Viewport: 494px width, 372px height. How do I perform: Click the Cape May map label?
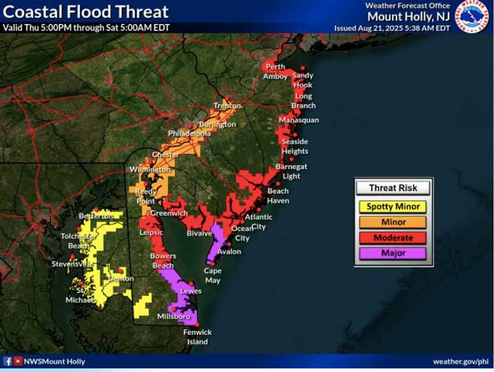[x=213, y=275]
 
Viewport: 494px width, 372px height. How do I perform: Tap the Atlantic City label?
[x=259, y=221]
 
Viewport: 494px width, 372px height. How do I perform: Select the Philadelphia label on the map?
[x=189, y=134]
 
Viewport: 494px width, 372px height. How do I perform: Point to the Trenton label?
[x=227, y=106]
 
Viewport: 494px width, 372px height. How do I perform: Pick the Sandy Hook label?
[x=303, y=80]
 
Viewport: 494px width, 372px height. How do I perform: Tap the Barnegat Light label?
[x=292, y=171]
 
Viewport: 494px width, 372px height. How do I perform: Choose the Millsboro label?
[x=173, y=317]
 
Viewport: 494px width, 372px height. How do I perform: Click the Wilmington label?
[x=150, y=169]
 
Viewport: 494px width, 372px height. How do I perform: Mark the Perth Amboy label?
[x=275, y=71]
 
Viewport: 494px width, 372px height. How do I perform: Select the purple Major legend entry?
[x=393, y=253]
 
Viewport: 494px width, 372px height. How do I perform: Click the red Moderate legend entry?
[x=393, y=238]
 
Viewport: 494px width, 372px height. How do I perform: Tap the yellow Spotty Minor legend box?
[x=393, y=207]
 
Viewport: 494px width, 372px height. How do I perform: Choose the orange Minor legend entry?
[x=393, y=222]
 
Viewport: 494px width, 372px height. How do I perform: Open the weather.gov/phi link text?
[x=460, y=361]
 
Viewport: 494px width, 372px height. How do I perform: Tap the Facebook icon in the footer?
[x=8, y=361]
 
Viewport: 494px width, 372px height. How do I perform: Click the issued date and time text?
[x=392, y=28]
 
